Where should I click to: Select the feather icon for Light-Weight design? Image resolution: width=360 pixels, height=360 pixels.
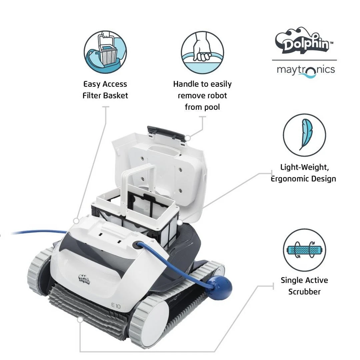coord(304,135)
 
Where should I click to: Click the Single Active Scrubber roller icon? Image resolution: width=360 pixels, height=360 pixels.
coord(304,250)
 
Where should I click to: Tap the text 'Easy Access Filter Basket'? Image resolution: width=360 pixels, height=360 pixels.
coord(105,90)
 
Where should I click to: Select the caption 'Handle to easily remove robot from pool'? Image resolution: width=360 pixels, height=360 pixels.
coord(202,95)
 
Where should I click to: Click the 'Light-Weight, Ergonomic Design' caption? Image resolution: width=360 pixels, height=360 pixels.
coord(304,173)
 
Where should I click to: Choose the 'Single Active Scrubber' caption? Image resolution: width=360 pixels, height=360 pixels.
coord(304,286)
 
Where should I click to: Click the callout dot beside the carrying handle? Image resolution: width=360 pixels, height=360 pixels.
coord(188,137)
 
